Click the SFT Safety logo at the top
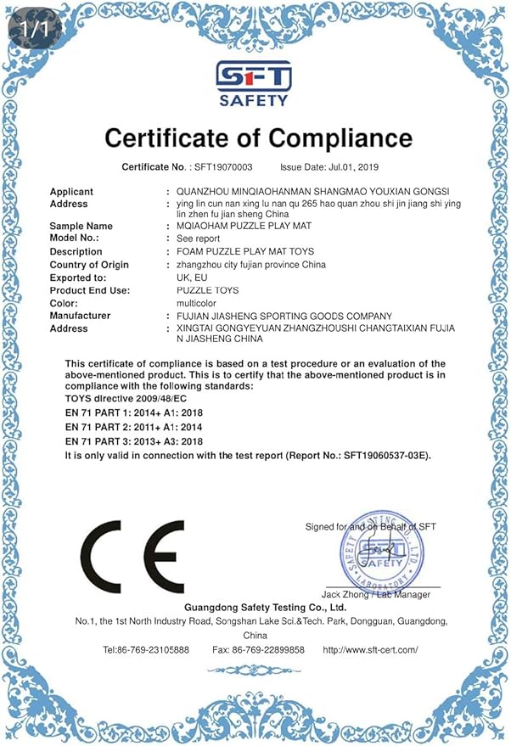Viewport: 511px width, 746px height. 254,84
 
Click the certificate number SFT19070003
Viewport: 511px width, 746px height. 230,167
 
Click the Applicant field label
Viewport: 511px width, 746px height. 71,192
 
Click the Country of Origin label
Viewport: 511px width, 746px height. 89,265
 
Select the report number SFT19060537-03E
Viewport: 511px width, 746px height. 382,456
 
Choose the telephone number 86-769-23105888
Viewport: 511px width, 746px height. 158,650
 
